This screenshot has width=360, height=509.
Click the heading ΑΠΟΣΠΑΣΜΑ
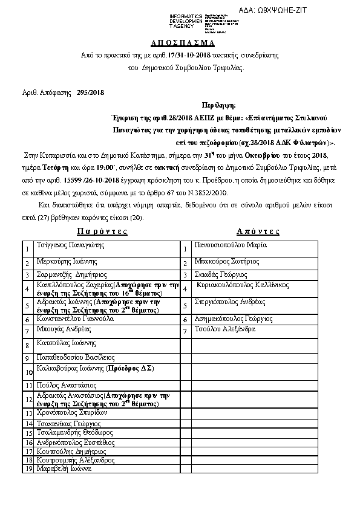pos(182,44)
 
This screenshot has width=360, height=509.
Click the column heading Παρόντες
pos(102,231)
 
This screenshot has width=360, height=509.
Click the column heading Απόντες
pos(258,231)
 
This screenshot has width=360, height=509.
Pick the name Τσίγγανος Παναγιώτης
pos(71,245)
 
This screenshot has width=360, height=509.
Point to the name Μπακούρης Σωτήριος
pos(227,262)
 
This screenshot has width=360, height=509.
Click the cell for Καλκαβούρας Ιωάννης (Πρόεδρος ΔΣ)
pos(95,368)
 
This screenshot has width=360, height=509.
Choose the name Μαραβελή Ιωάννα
pos(64,468)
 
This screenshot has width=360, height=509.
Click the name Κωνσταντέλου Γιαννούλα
pos(74,318)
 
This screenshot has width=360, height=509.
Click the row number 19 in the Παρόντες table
pos(27,468)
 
